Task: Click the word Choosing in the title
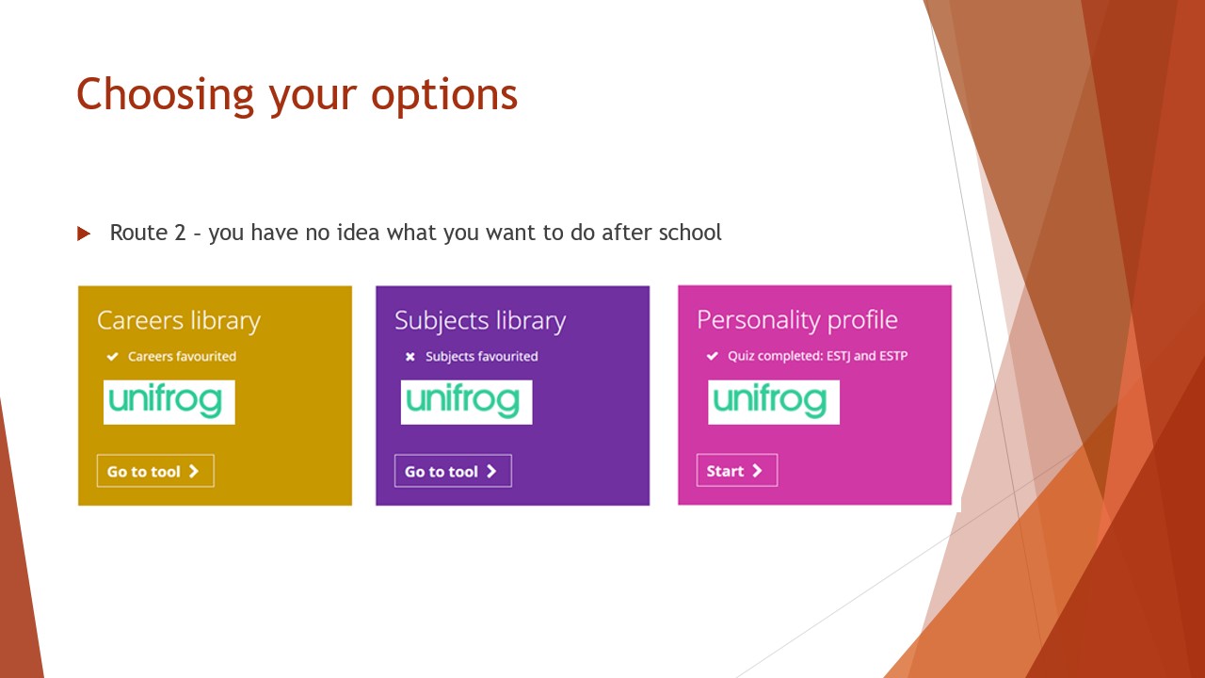[x=165, y=96]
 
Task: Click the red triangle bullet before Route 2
[x=84, y=234]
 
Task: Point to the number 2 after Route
[x=180, y=233]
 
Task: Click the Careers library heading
[x=179, y=321]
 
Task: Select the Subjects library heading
[x=480, y=321]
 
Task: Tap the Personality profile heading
[x=797, y=321]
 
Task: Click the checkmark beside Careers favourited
[x=112, y=356]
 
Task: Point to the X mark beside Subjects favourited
[x=410, y=357]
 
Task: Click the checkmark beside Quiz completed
[x=713, y=356]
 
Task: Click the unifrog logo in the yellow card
[x=169, y=402]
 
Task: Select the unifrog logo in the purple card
[x=466, y=402]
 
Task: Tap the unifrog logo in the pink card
[x=774, y=402]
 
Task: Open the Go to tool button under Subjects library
[x=453, y=471]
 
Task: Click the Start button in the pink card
[x=737, y=470]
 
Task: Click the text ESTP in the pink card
[x=893, y=356]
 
